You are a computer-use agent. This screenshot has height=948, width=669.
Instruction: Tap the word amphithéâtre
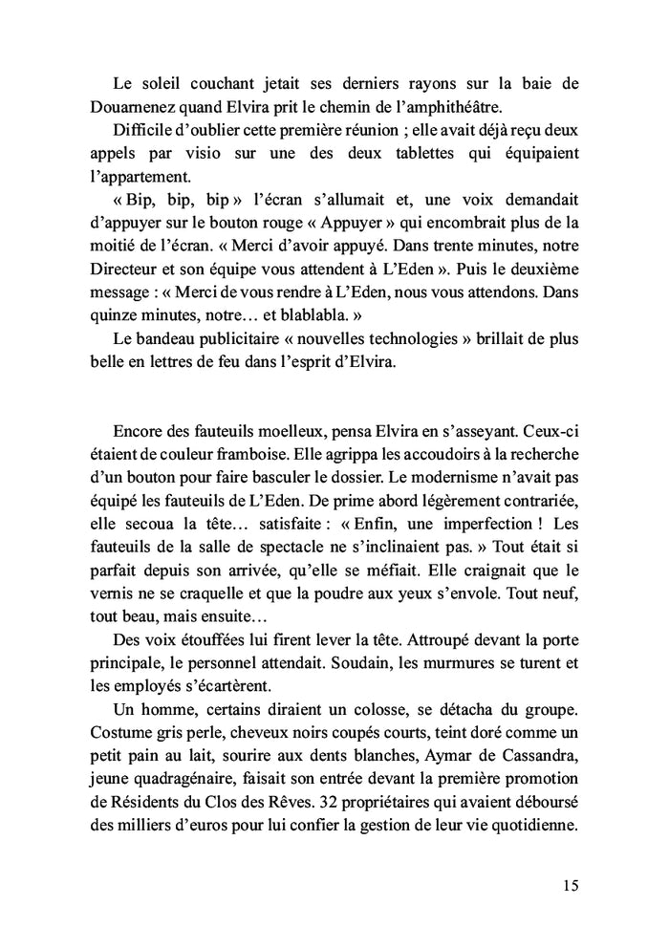tap(464, 106)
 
